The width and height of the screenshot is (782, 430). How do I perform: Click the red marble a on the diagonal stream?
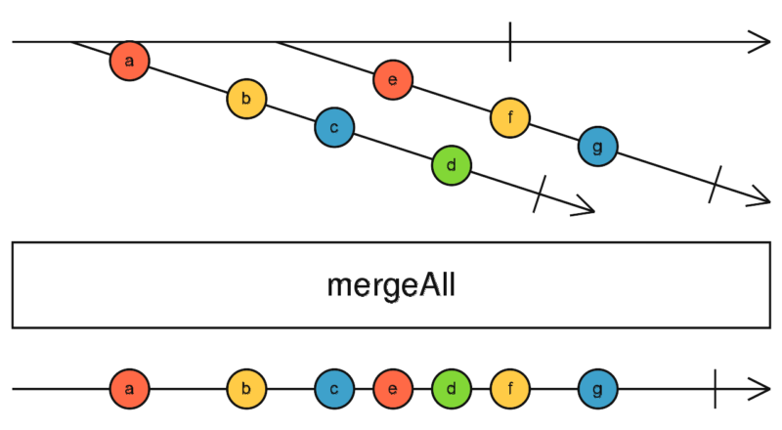tap(129, 61)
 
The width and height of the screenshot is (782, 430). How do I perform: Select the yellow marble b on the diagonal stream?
tap(246, 99)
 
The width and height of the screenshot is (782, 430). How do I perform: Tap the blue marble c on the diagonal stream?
tap(334, 127)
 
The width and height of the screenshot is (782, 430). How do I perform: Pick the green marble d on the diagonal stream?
tap(451, 165)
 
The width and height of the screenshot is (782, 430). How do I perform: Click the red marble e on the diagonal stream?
tap(392, 80)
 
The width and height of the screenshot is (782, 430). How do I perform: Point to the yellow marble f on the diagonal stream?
tap(509, 117)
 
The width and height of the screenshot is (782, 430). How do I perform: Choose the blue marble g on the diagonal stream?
tap(597, 147)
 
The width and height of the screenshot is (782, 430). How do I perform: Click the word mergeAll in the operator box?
tap(391, 285)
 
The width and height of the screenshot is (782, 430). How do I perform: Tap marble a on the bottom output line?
tap(129, 389)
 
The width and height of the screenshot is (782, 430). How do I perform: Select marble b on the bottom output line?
tap(246, 389)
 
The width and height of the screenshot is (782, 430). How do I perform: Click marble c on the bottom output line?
tap(334, 389)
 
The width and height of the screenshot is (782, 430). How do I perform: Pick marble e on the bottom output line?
tap(392, 389)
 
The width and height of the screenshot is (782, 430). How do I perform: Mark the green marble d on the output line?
tap(451, 389)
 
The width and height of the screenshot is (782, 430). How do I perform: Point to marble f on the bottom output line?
tap(509, 389)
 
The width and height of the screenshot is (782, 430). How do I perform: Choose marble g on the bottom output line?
tap(597, 389)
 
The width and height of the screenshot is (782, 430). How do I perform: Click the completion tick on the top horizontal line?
tap(509, 42)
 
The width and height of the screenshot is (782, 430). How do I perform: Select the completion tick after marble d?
tap(539, 193)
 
